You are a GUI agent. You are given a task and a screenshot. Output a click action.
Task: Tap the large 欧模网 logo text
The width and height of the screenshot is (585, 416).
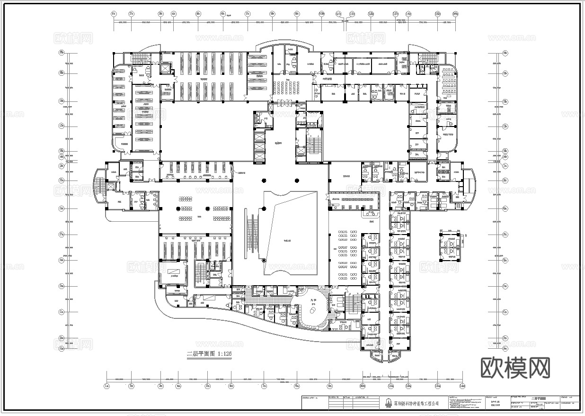coord(515,368)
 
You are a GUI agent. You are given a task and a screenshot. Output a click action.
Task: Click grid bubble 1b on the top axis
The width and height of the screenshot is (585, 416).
coord(114,14)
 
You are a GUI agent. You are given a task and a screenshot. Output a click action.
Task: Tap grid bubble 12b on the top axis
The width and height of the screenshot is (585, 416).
coord(371,14)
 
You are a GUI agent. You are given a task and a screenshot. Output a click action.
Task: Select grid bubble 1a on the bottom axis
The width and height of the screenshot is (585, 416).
coord(107,386)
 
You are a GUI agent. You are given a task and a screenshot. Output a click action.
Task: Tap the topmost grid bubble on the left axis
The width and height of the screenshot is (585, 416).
coord(61,53)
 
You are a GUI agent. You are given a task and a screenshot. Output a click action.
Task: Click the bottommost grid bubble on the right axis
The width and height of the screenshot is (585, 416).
coord(505,338)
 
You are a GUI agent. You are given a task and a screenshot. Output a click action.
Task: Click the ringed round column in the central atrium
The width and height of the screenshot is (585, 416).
coord(264,261)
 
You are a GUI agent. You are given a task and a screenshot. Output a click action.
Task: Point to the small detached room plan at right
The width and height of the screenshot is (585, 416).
coord(450,247)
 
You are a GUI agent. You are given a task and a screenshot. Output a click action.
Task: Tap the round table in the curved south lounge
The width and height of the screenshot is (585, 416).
coord(312,310)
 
